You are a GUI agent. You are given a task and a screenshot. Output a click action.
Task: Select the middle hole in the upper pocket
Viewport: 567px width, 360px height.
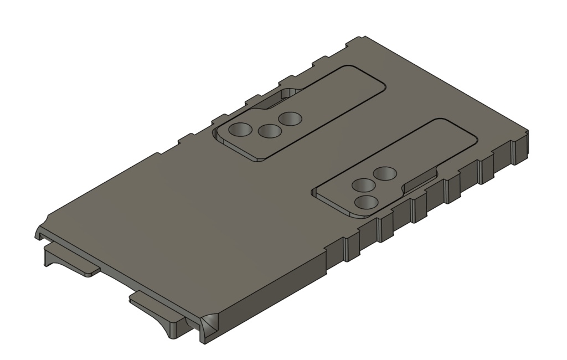tap(269, 131)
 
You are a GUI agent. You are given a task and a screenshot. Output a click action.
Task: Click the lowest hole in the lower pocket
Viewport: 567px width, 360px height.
tap(364, 202)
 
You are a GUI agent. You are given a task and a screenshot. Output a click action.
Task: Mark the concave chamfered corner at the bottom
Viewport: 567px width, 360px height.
tap(210, 323)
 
